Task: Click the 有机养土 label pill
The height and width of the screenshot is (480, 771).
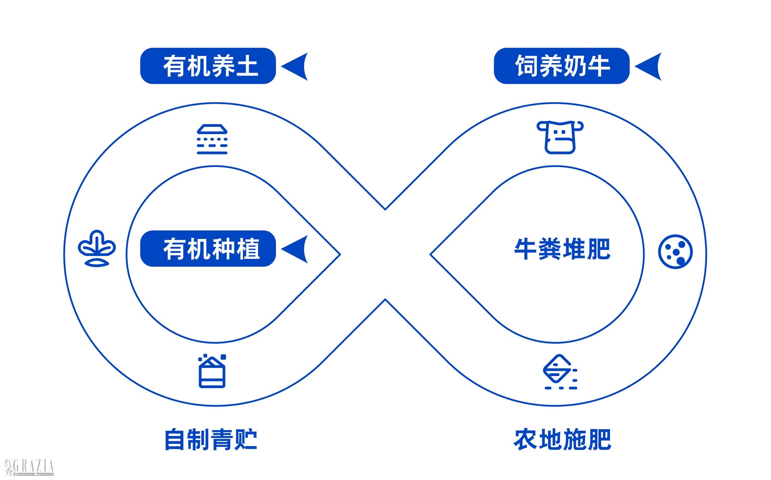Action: pyautogui.click(x=208, y=66)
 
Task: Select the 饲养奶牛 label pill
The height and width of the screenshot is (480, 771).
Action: pyautogui.click(x=561, y=66)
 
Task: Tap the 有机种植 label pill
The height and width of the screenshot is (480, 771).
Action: pyautogui.click(x=208, y=249)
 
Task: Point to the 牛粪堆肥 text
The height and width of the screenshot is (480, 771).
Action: pyautogui.click(x=562, y=249)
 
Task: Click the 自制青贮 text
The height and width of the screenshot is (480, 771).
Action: pyautogui.click(x=211, y=439)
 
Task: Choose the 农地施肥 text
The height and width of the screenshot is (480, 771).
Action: pyautogui.click(x=562, y=439)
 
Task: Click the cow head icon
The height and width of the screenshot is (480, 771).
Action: pyautogui.click(x=560, y=137)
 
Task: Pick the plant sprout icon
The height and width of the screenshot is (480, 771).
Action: pyautogui.click(x=96, y=248)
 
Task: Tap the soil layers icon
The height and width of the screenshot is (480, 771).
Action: pyautogui.click(x=212, y=139)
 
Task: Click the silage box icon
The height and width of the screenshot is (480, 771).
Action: pyautogui.click(x=212, y=371)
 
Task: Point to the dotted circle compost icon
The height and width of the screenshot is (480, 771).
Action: pyautogui.click(x=675, y=252)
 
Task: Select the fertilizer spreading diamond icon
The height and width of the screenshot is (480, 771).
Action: pyautogui.click(x=559, y=372)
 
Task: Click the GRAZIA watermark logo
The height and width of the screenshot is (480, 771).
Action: pyautogui.click(x=29, y=467)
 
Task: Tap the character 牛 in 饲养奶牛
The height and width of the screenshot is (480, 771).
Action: pyautogui.click(x=598, y=66)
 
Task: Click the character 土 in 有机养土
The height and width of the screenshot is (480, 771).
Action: pyautogui.click(x=247, y=66)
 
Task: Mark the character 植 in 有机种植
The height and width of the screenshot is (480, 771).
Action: pyautogui.click(x=248, y=249)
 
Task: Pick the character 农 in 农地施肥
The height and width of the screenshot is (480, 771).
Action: pyautogui.click(x=526, y=439)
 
